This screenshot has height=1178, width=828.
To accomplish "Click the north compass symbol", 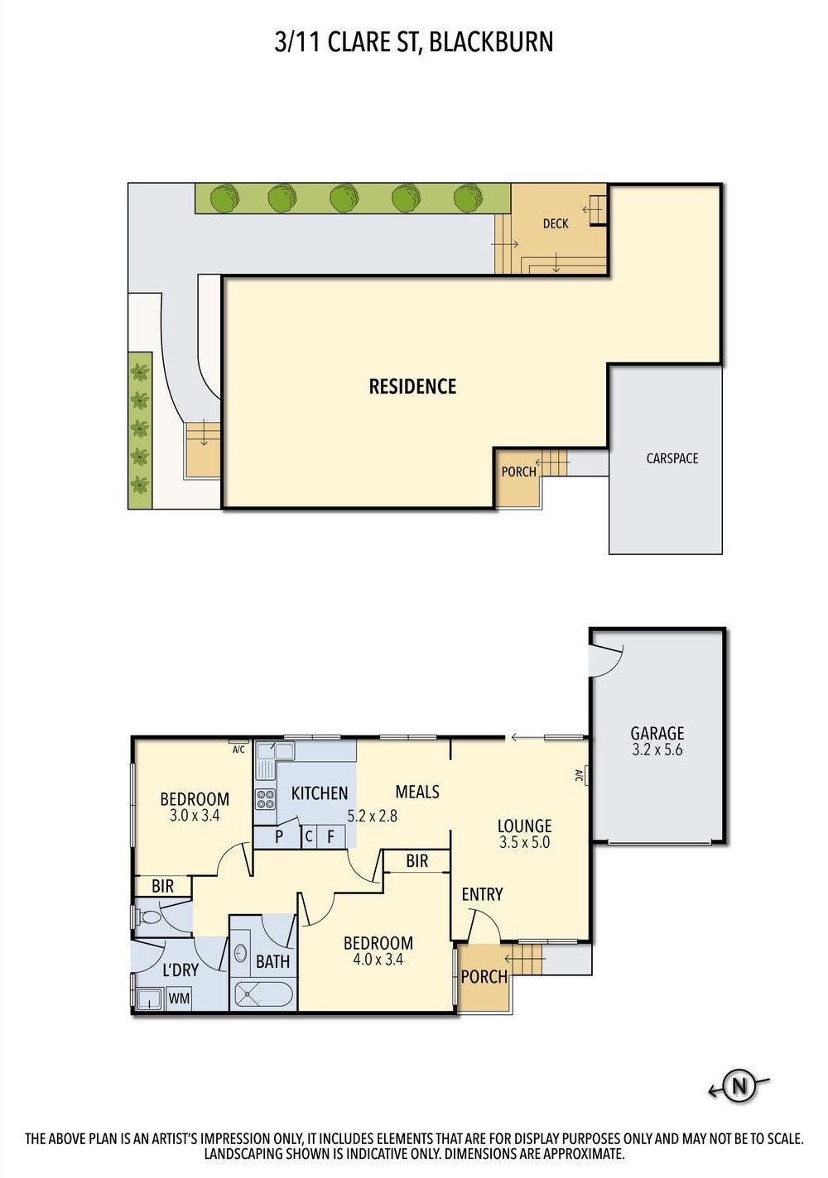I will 739,1086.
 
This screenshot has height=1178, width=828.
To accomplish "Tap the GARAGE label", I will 657,734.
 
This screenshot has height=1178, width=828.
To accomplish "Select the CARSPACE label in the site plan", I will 672,458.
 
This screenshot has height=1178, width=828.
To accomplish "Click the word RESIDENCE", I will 412,386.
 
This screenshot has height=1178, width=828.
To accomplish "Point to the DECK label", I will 556,223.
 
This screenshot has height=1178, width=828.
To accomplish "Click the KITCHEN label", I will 320,793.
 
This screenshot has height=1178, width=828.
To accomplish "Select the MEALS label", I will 417,792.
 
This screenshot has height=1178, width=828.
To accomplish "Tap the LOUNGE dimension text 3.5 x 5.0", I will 524,842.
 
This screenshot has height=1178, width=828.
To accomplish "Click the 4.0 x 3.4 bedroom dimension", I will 378,960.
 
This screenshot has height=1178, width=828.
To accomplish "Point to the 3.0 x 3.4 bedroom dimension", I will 195,816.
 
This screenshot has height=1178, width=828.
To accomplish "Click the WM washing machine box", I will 179,998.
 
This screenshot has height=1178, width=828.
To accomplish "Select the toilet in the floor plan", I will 150,917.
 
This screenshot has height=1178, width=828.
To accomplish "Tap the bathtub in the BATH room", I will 263,994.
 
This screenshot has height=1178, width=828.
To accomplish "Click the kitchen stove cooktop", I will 265,799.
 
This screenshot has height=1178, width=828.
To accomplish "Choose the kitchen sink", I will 274,752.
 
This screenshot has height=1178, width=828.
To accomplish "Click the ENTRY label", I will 482,894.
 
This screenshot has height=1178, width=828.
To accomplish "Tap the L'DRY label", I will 181,970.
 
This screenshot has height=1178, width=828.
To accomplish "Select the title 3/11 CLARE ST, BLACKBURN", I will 414,41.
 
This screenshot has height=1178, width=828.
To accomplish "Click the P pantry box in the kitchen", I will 279,836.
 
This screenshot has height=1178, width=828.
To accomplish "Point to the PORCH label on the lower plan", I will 484,977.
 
